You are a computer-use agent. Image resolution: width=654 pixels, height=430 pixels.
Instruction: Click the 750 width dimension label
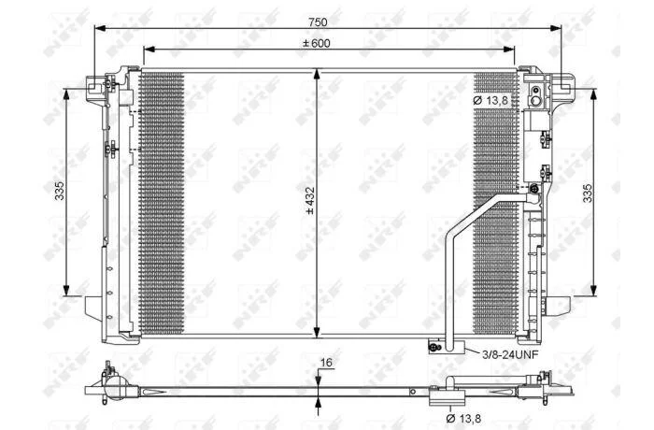pyautogui.click(x=318, y=21)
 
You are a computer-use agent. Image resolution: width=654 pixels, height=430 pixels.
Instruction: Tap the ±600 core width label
pyautogui.click(x=317, y=43)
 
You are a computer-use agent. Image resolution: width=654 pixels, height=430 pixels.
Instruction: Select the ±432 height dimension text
pyautogui.click(x=310, y=200)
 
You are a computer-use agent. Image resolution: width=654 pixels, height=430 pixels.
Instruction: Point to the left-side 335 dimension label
pyautogui.click(x=60, y=191)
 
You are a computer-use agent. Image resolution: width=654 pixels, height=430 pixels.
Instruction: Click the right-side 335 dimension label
pyautogui.click(x=588, y=193)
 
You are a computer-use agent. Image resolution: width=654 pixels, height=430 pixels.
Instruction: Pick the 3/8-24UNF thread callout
pyautogui.click(x=510, y=355)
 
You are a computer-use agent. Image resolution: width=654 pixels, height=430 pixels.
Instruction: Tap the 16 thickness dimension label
pyautogui.click(x=326, y=363)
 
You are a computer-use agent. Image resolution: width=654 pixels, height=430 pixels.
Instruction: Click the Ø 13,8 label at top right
pyautogui.click(x=490, y=100)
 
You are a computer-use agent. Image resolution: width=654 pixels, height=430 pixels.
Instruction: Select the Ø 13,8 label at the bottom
pyautogui.click(x=463, y=418)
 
